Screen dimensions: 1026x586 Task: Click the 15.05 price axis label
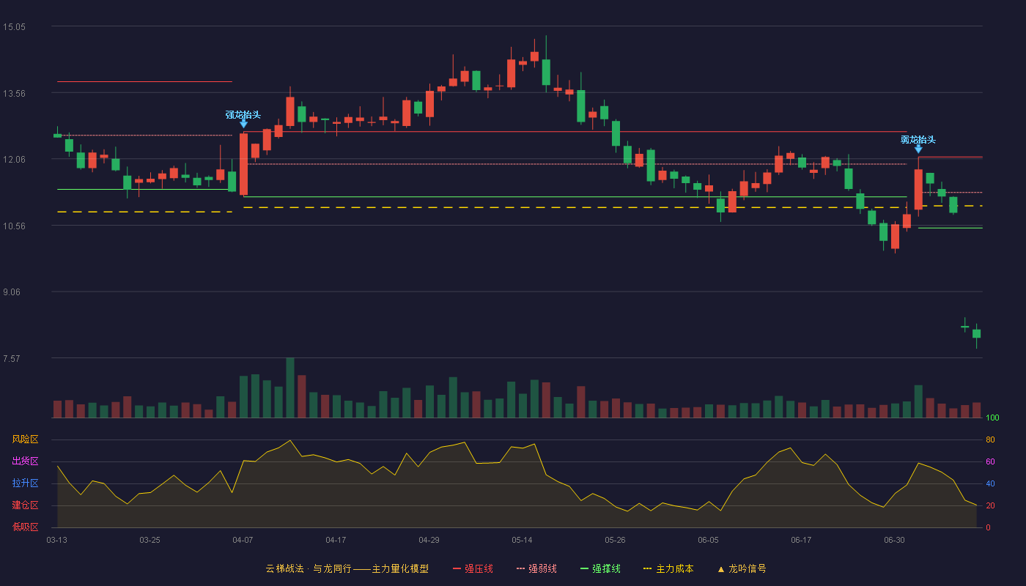(14, 27)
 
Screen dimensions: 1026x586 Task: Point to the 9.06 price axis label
(12, 292)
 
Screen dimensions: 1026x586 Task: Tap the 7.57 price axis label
(12, 358)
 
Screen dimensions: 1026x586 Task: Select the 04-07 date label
(243, 541)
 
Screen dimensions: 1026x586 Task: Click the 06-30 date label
(895, 541)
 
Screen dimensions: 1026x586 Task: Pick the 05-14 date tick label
(522, 541)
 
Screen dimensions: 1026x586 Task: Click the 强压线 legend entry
(473, 569)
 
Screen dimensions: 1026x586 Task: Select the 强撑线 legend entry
(600, 569)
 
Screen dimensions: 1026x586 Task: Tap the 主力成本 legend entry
(668, 569)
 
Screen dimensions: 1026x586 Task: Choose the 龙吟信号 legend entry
(742, 569)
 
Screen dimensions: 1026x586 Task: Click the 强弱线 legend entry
(536, 569)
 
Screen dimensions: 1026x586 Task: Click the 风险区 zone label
(25, 439)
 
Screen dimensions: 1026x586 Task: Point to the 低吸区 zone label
(25, 527)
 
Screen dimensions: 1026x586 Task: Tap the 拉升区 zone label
(25, 483)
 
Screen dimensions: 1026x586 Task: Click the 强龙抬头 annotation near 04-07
(243, 115)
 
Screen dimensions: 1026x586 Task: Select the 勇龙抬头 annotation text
(918, 140)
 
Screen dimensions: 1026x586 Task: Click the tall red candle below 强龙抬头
(243, 164)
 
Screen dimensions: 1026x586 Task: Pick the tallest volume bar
(290, 387)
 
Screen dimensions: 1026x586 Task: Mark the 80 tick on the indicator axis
(990, 440)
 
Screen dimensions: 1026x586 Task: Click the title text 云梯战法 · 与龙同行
(309, 569)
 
